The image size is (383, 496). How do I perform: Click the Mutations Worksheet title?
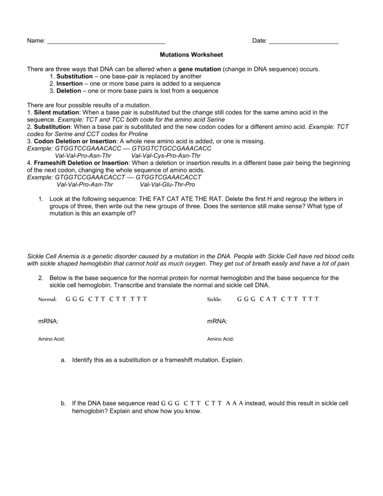tap(191, 54)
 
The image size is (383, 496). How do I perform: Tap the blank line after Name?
tap(106, 41)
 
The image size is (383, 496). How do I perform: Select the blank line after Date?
tap(303, 41)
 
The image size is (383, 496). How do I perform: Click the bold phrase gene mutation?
tap(199, 69)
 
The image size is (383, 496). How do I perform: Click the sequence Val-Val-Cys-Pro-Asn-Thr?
tap(166, 155)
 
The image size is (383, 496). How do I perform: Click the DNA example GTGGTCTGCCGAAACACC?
tap(171, 148)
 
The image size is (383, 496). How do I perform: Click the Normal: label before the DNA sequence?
tap(47, 299)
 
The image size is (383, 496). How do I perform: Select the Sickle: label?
tap(214, 299)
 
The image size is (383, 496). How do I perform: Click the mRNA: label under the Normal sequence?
tap(48, 321)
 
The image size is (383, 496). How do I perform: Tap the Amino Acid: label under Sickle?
tap(220, 339)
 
